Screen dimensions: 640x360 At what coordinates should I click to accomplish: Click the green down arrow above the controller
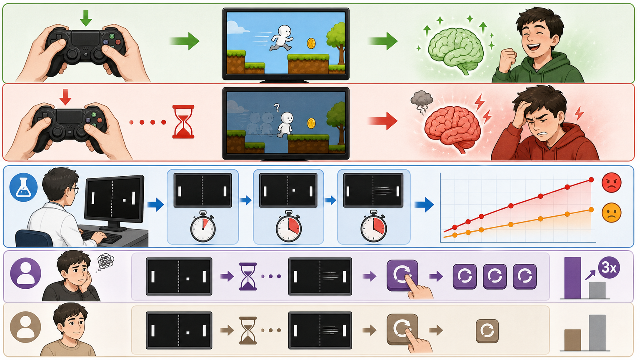(x=86, y=18)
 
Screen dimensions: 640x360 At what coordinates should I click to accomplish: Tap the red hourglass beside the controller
(x=183, y=122)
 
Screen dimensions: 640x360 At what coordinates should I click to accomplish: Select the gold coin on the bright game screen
(x=311, y=43)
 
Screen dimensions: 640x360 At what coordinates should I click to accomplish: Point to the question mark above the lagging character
(x=276, y=108)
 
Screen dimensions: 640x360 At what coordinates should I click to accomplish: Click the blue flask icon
(x=23, y=187)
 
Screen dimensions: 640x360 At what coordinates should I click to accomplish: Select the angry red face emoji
(x=611, y=182)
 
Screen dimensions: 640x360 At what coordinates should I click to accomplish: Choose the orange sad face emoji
(x=611, y=212)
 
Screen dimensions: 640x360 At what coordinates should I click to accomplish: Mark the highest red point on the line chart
(x=591, y=180)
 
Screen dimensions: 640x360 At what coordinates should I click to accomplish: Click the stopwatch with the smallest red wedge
(x=203, y=226)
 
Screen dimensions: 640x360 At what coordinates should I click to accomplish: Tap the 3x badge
(x=609, y=268)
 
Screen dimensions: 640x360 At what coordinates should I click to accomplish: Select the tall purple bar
(x=572, y=278)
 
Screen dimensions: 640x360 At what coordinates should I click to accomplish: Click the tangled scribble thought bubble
(x=105, y=261)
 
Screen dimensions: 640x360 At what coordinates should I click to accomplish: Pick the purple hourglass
(x=248, y=276)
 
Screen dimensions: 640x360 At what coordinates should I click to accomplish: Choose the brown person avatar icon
(x=25, y=327)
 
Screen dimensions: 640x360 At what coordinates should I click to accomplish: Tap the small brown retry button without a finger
(x=487, y=331)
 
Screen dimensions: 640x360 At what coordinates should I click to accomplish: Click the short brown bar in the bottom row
(x=572, y=340)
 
